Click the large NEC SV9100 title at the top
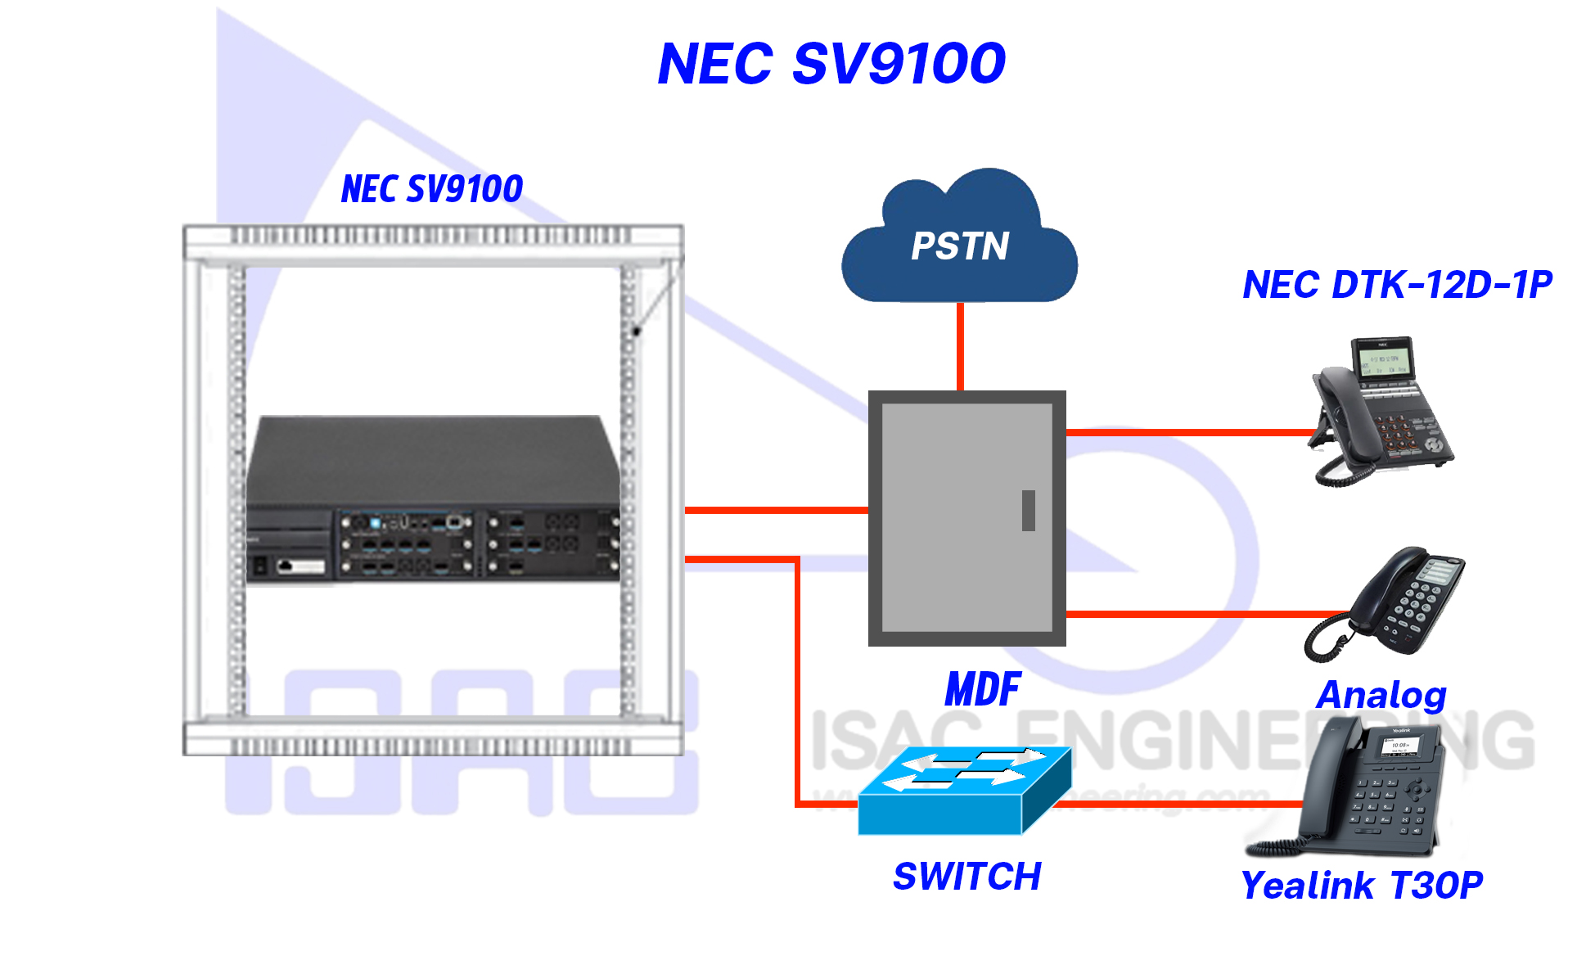pos(831,64)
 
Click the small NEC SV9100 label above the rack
pos(432,189)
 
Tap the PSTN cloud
pos(959,244)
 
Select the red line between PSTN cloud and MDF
pos(960,346)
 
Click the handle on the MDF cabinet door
pos(1029,511)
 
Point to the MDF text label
pos(982,689)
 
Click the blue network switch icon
pos(964,791)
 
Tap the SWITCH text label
pos(966,877)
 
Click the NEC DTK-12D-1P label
pos(1397,285)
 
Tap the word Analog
pos(1381,695)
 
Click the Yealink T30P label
pos(1362,885)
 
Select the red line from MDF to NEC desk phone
pos(1187,432)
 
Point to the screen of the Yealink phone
pos(1400,746)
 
